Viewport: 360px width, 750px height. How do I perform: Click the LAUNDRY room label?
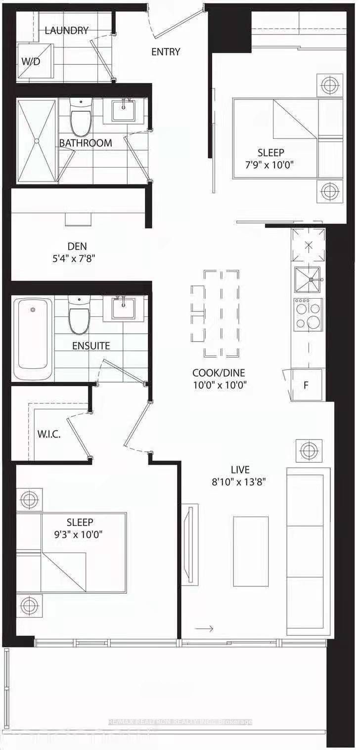pos(66,31)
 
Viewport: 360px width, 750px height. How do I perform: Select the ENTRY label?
pos(166,52)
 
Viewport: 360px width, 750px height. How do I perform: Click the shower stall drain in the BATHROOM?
pos(37,141)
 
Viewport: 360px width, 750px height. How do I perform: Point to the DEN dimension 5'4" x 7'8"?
pos(81,259)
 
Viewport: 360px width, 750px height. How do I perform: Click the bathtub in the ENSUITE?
pos(33,338)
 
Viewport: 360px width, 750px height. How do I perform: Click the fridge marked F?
pos(307,385)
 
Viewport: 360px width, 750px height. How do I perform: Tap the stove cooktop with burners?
pos(308,315)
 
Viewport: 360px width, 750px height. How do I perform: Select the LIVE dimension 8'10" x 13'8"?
pos(239,482)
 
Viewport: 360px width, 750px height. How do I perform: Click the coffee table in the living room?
pos(251,544)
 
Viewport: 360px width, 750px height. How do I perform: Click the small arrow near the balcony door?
pos(204,628)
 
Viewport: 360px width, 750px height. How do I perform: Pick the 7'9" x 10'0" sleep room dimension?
pos(270,165)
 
